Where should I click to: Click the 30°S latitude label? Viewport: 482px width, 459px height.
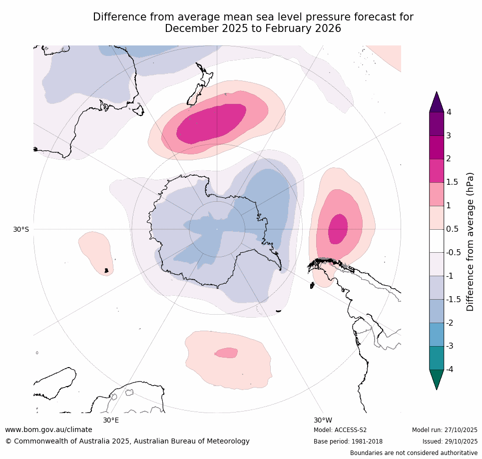pyautogui.click(x=21, y=229)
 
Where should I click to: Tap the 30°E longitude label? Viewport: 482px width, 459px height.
pyautogui.click(x=111, y=420)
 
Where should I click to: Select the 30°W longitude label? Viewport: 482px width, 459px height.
pyautogui.click(x=323, y=420)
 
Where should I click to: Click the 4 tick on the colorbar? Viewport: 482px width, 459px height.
pyautogui.click(x=449, y=112)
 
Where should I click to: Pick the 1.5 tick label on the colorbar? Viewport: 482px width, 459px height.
pyautogui.click(x=452, y=182)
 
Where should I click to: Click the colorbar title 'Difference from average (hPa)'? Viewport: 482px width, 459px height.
pyautogui.click(x=470, y=242)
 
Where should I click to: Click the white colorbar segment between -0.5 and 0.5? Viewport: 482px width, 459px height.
pyautogui.click(x=437, y=241)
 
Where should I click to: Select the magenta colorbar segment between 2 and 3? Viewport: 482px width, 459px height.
pyautogui.click(x=437, y=147)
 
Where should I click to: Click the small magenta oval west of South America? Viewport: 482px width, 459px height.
pyautogui.click(x=338, y=229)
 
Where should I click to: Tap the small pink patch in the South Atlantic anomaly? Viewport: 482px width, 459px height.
pyautogui.click(x=227, y=353)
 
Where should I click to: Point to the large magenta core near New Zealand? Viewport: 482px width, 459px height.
pyautogui.click(x=212, y=123)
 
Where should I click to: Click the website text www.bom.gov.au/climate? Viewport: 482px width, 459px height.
pyautogui.click(x=48, y=430)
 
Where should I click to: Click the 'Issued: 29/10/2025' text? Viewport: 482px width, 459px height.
pyautogui.click(x=450, y=442)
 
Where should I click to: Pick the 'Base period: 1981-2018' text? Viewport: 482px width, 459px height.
pyautogui.click(x=348, y=442)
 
